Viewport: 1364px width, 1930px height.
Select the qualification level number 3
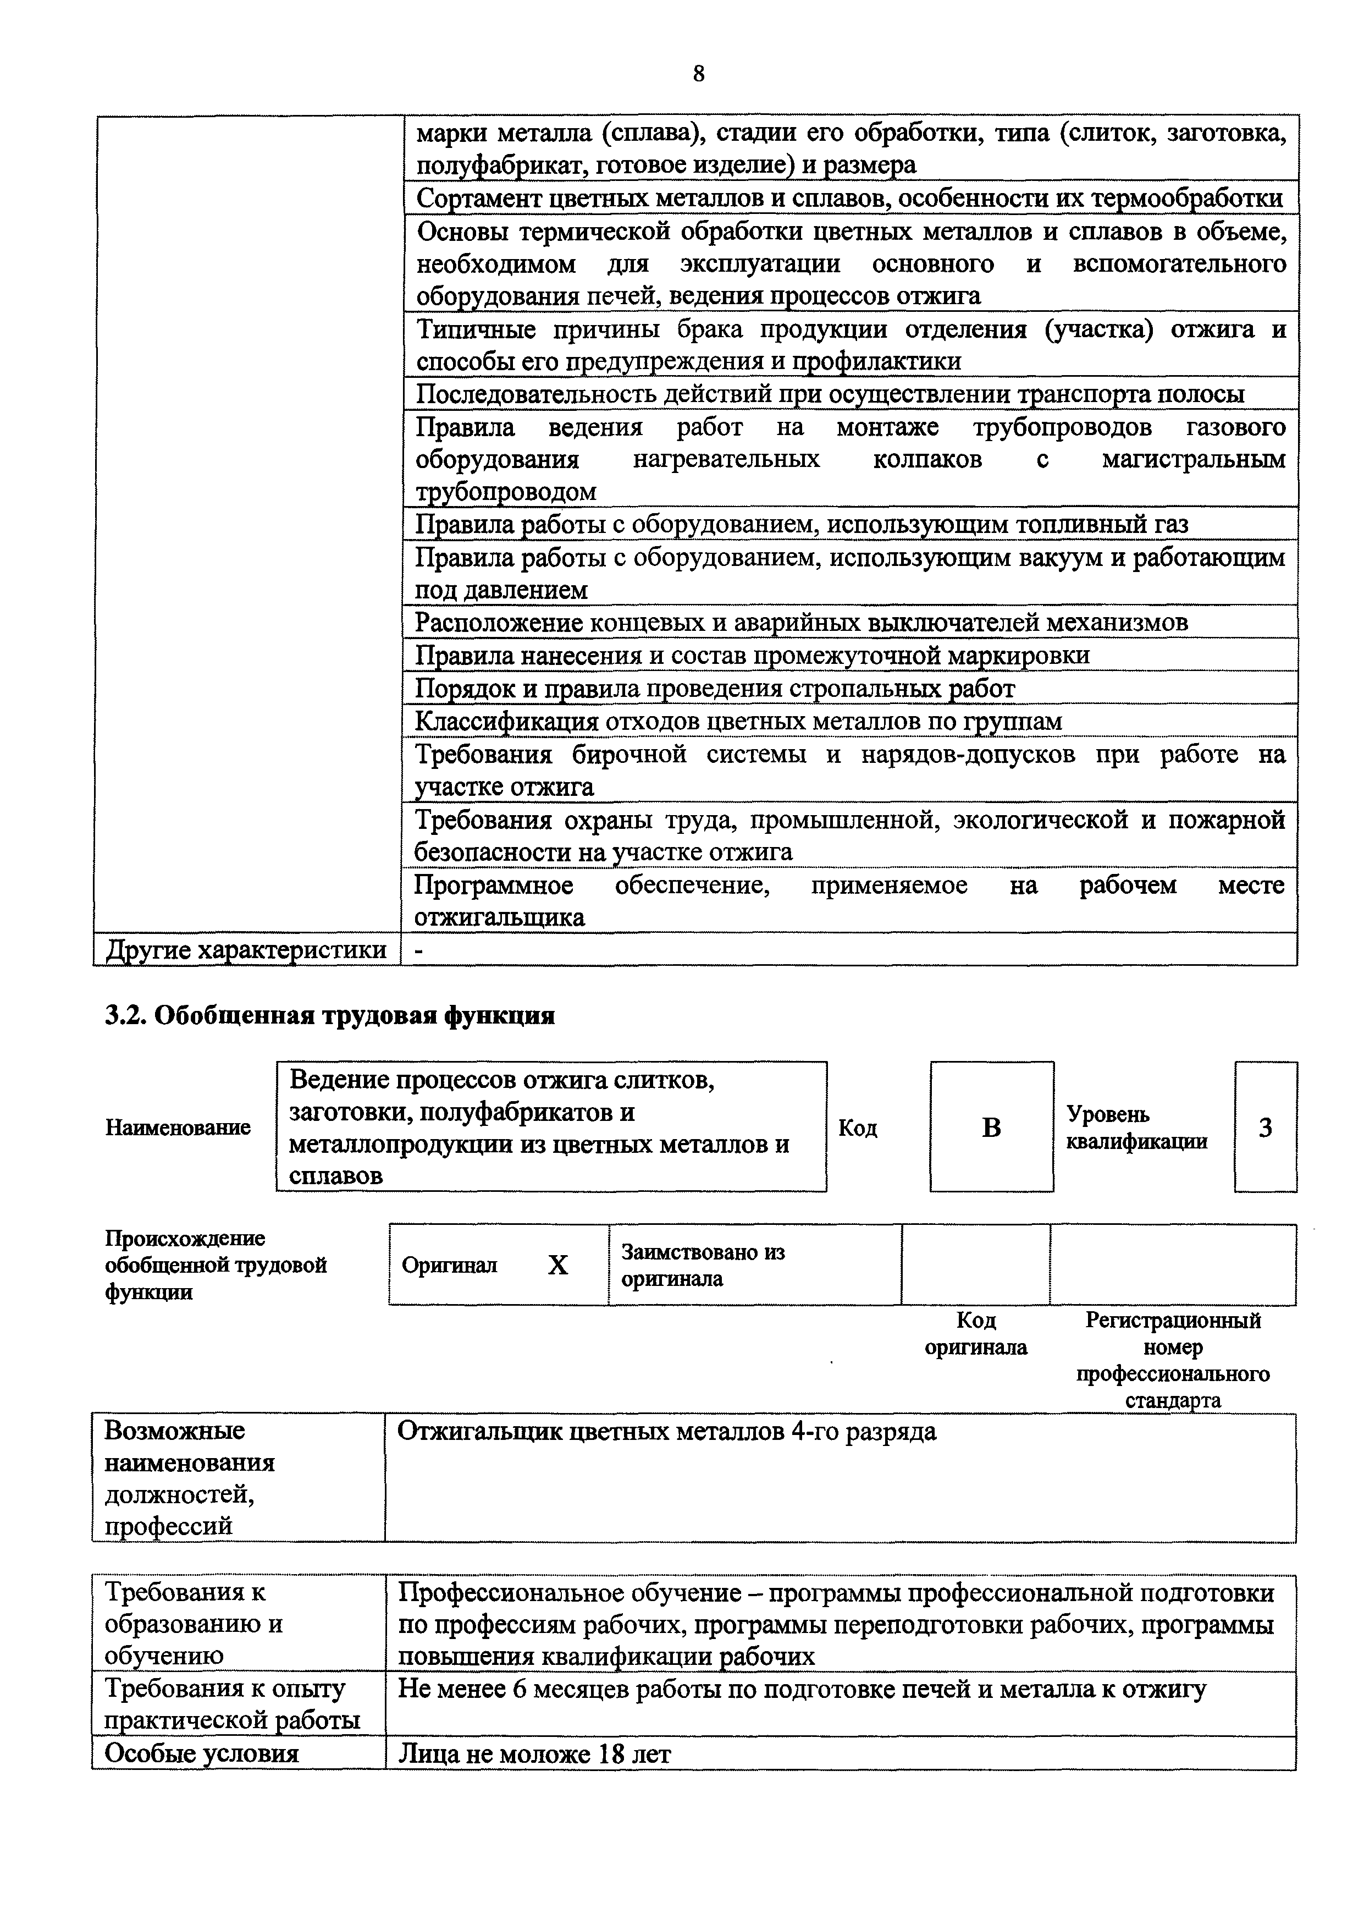tap(1265, 1127)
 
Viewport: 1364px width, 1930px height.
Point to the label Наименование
tap(178, 1127)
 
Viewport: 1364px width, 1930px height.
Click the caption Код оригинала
tap(976, 1334)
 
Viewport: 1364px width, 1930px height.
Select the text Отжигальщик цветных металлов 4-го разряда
tap(666, 1431)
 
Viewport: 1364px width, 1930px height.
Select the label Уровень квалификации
tap(1136, 1127)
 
